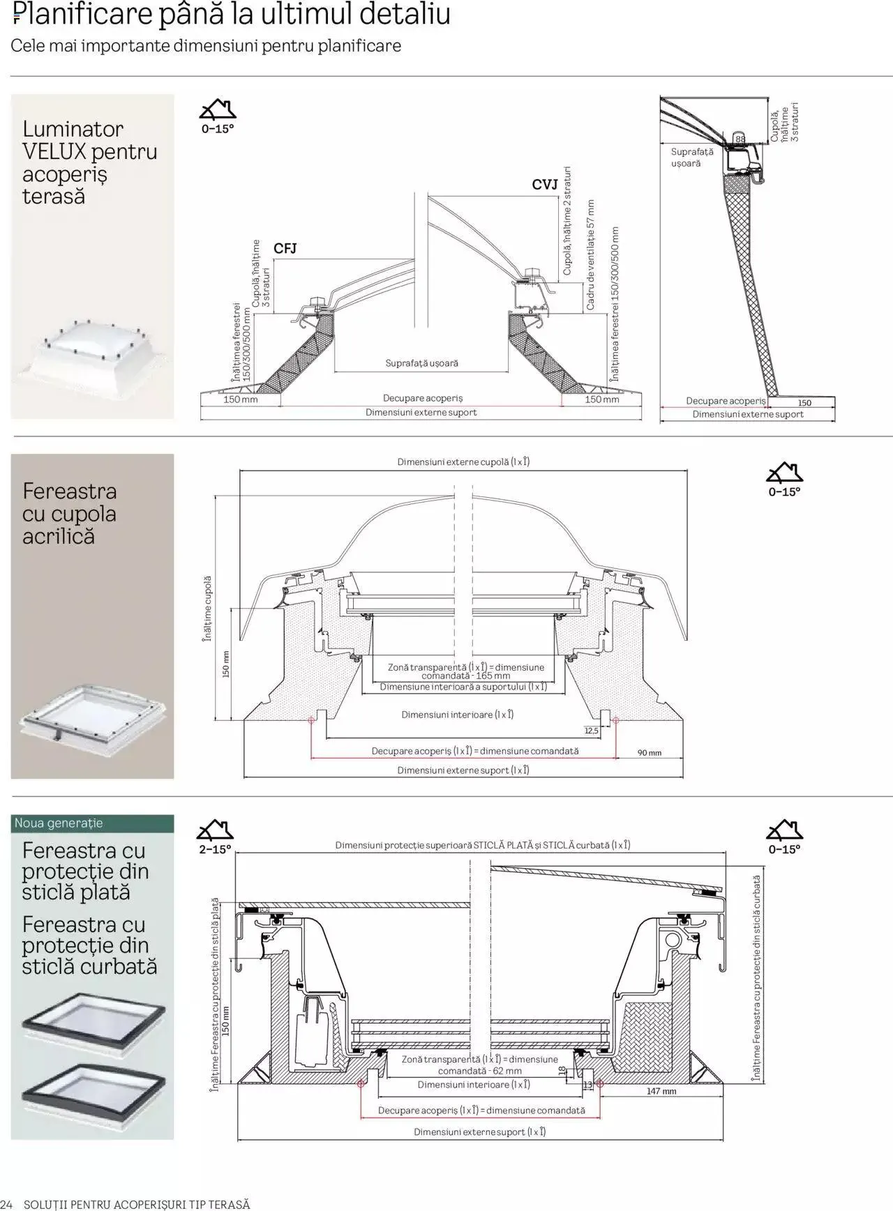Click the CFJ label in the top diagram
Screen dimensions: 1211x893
point(285,249)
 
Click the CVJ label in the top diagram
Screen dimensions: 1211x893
point(544,185)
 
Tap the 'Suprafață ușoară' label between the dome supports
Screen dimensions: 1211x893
point(421,363)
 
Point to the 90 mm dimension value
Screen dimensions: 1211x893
point(649,753)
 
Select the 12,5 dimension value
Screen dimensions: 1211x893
point(591,731)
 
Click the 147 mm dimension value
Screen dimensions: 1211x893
point(661,1091)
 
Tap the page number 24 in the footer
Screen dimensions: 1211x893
point(6,1204)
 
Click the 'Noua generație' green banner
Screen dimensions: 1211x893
point(59,823)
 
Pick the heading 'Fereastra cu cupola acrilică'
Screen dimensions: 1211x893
point(69,514)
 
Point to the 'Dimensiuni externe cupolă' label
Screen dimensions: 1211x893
point(463,462)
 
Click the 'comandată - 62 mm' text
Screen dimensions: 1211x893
point(479,1071)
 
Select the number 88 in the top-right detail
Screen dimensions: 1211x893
point(740,139)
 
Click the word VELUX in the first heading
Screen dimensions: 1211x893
point(54,151)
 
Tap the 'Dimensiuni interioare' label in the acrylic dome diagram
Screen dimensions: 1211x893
point(457,715)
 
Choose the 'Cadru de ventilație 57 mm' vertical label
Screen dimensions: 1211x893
point(590,255)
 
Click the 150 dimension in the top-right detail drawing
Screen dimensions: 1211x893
point(804,403)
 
